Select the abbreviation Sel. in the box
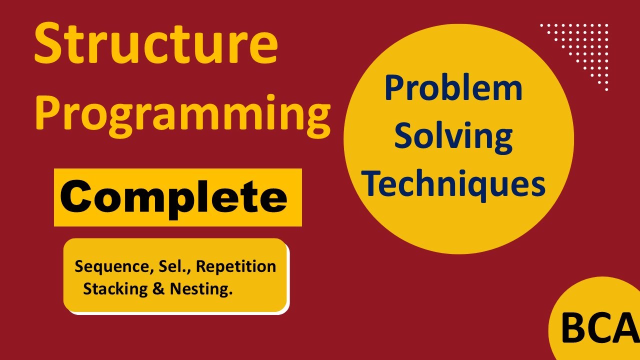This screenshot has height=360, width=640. [173, 266]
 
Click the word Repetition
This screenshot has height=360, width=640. [235, 266]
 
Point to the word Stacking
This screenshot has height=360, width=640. [115, 289]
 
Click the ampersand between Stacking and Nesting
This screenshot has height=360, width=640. [159, 289]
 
